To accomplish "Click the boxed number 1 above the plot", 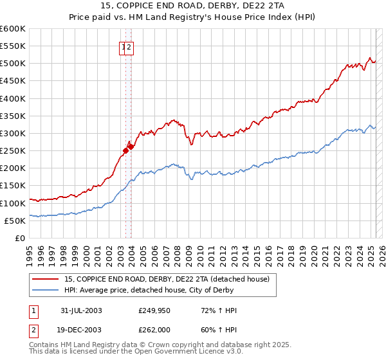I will (x=123, y=46).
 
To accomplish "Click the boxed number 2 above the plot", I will (x=129, y=46).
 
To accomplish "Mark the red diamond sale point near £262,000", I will (x=131, y=147).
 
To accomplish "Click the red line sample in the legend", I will (x=46, y=279).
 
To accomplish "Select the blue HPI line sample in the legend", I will (x=46, y=290).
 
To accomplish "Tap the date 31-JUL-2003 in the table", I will (x=82, y=310).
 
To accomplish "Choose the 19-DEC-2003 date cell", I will (x=82, y=331).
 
